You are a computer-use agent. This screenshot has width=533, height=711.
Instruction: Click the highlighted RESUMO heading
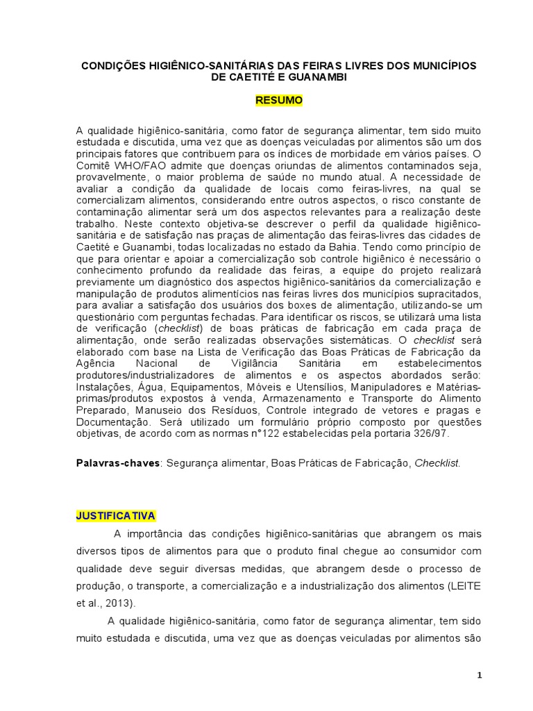click(x=279, y=101)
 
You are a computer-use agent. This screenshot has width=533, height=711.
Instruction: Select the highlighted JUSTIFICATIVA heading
click(x=117, y=516)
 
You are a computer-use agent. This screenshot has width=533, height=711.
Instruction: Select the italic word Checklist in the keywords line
click(x=437, y=462)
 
